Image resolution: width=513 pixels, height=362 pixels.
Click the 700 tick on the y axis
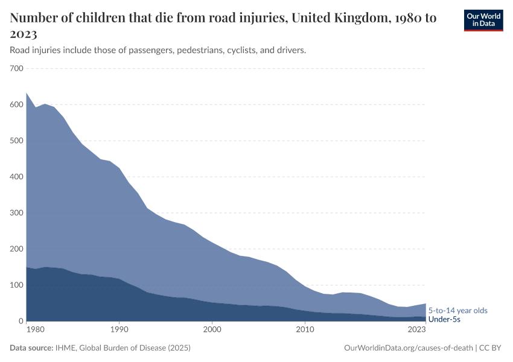(x=16, y=69)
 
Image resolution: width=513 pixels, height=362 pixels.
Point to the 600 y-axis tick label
(x=16, y=105)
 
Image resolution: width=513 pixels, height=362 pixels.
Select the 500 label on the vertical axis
(x=16, y=141)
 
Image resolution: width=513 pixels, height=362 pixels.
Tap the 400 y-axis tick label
(x=16, y=177)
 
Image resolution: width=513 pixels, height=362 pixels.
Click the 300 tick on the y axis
(x=16, y=213)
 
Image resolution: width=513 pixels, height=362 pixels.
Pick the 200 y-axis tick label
(x=16, y=249)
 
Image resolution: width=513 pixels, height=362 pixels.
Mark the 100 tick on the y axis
(x=16, y=285)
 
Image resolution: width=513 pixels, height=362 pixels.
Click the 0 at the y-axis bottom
(x=21, y=322)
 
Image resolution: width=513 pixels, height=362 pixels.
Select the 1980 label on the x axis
(x=36, y=330)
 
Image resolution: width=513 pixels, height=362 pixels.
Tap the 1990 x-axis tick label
(x=119, y=330)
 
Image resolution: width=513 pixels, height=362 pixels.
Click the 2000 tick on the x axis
(x=212, y=330)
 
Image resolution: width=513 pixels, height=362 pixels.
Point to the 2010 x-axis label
(x=305, y=330)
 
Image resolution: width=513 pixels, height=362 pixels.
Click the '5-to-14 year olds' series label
(x=457, y=311)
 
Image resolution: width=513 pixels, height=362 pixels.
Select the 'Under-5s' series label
(x=444, y=319)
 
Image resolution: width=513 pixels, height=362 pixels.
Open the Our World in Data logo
(x=483, y=20)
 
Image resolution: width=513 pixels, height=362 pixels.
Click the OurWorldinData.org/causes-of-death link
(x=408, y=348)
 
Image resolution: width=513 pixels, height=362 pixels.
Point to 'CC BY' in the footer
(x=491, y=348)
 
